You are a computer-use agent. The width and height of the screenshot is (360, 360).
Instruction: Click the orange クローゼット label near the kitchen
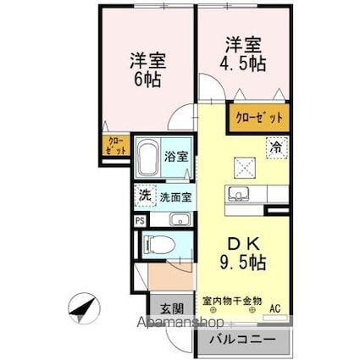click(257, 118)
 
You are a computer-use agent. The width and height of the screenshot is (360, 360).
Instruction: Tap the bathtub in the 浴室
click(147, 157)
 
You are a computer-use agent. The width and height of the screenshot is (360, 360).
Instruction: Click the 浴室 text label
click(177, 157)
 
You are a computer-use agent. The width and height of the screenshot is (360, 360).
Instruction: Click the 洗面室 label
click(177, 197)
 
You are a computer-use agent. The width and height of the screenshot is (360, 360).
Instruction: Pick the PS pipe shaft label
click(138, 221)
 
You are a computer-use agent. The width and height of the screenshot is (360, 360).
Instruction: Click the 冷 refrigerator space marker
click(275, 147)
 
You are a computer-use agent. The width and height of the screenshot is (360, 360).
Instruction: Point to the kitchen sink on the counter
click(236, 194)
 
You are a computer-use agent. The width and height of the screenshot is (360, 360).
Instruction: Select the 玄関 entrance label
click(164, 308)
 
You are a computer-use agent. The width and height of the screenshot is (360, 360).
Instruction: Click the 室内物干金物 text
click(231, 301)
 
